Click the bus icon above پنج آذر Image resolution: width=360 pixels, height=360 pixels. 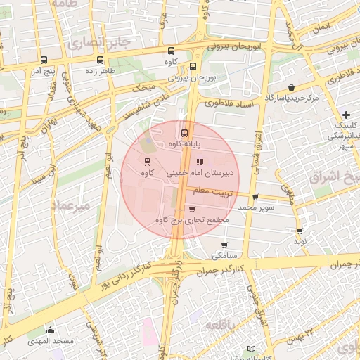click(44, 60)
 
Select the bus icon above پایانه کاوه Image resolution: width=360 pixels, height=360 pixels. click(185, 132)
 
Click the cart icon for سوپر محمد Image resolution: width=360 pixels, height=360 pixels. click(255, 197)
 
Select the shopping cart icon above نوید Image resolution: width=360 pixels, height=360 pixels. click(300, 231)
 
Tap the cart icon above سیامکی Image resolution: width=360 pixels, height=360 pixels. click(224, 245)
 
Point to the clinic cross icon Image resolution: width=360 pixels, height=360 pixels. click(346, 114)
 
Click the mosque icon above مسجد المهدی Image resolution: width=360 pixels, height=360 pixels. click(49, 330)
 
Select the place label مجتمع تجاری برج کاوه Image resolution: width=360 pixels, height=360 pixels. click(193, 221)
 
